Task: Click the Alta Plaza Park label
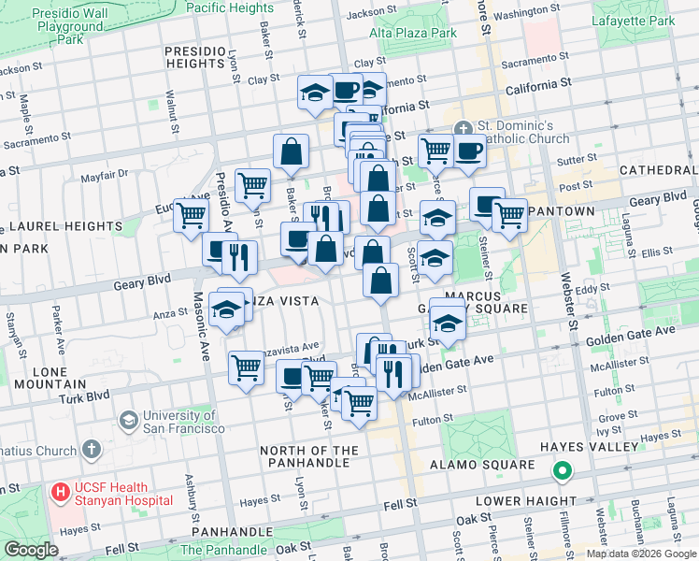413,33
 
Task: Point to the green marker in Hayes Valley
562,472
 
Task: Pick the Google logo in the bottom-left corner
31,550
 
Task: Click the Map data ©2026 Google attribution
640,554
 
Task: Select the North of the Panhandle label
309,457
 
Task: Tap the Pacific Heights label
230,7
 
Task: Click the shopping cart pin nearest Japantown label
509,214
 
